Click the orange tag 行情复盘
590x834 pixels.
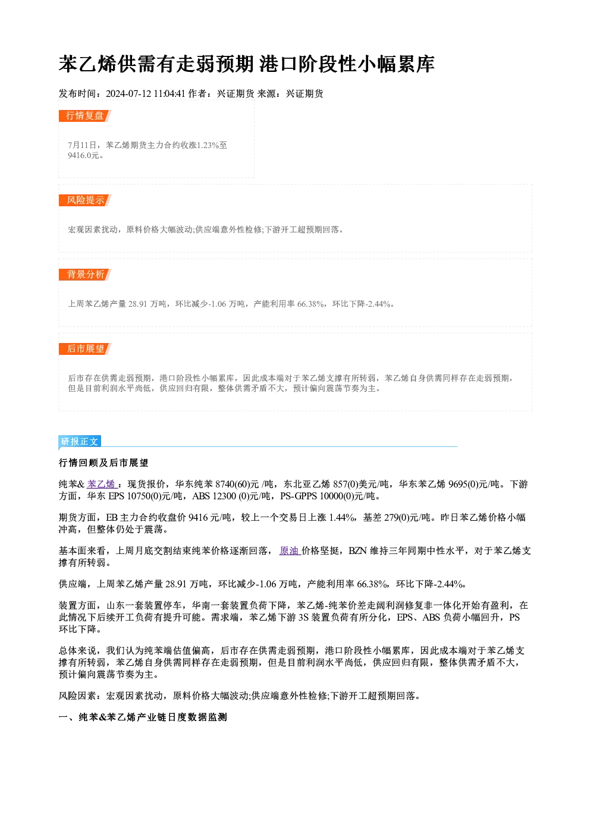click(x=84, y=116)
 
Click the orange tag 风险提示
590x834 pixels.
click(x=84, y=200)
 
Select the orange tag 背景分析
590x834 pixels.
click(x=84, y=275)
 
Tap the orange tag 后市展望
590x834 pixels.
click(x=84, y=349)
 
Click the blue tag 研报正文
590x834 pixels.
click(x=80, y=442)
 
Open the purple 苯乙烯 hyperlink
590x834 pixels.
click(x=101, y=484)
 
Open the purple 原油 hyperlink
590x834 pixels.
click(x=290, y=550)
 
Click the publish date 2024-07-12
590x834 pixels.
click(x=128, y=94)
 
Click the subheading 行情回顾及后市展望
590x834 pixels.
click(x=103, y=463)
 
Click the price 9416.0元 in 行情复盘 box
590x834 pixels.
click(x=83, y=156)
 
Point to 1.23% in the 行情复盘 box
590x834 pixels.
click(x=208, y=145)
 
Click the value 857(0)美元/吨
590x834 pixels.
click(x=361, y=484)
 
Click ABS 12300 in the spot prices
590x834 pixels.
click(x=214, y=496)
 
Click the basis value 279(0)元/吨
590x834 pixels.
click(x=405, y=518)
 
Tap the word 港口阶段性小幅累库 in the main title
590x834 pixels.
click(x=347, y=64)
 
